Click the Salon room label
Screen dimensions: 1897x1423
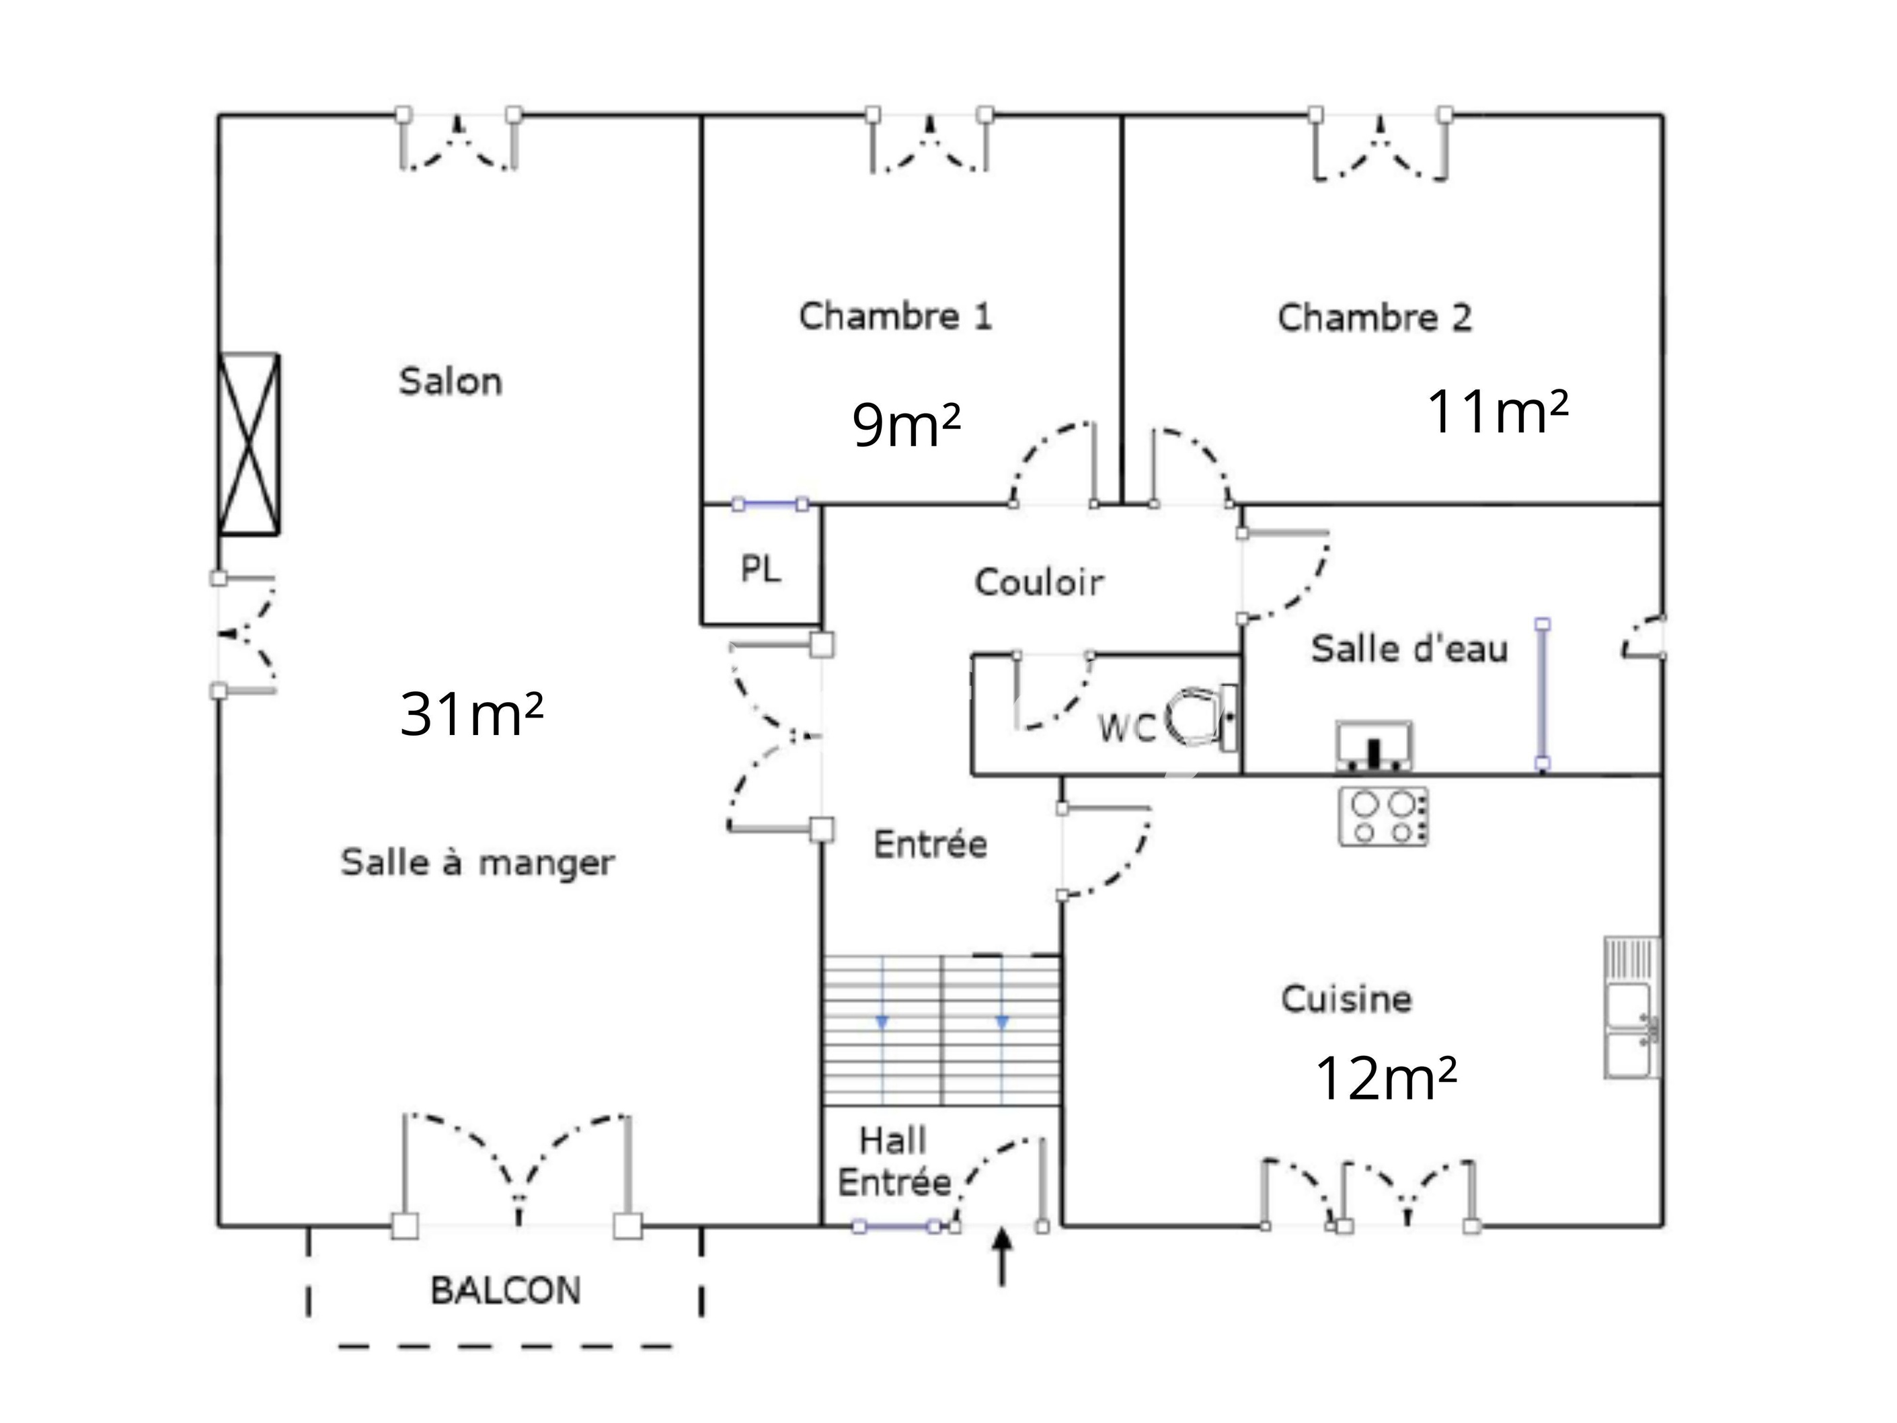tap(451, 382)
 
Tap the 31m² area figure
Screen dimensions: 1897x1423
tap(471, 714)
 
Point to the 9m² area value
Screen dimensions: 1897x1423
tap(906, 426)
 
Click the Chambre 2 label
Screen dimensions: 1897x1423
tap(1375, 317)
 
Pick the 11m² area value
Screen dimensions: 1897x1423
tap(1498, 412)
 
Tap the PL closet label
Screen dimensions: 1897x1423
tap(761, 569)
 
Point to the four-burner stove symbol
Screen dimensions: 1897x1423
tap(1383, 816)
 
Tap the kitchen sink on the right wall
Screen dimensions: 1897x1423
tap(1632, 1007)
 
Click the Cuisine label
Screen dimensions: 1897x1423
tap(1346, 999)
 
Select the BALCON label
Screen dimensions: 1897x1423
tap(505, 1291)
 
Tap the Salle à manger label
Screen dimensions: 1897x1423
tap(477, 863)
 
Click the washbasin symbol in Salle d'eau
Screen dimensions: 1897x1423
tap(1374, 745)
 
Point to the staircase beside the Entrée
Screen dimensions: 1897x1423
tap(941, 1030)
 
